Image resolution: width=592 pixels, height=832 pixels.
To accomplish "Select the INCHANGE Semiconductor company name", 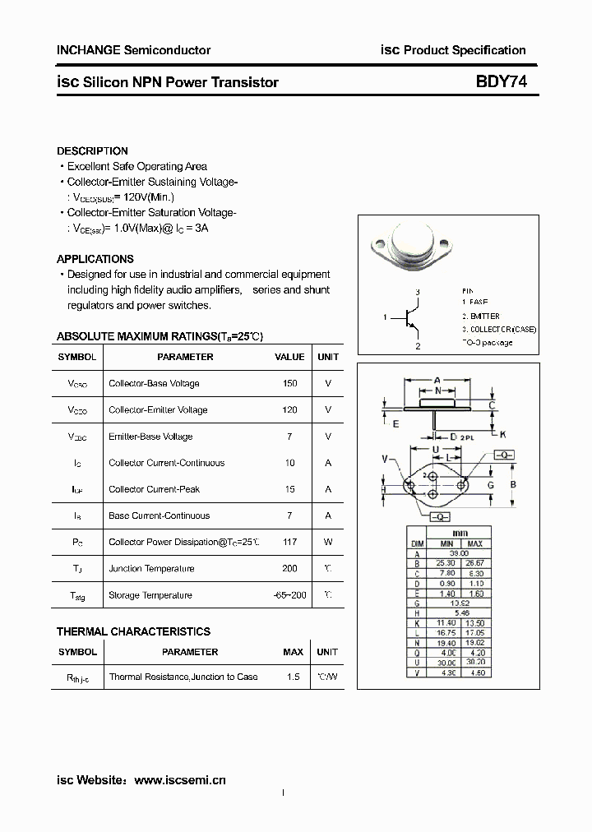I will coord(133,50).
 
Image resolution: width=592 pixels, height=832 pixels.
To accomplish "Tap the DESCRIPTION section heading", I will coord(92,151).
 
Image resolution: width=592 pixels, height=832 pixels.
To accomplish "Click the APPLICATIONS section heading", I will coord(95,259).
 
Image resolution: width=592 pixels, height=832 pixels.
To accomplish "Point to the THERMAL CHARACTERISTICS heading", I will coord(133,631).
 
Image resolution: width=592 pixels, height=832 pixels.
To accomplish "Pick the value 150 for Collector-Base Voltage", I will coord(289,384).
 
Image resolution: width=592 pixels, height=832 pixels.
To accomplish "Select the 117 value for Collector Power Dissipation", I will coord(289,543).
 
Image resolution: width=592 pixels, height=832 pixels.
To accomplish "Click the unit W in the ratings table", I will coord(328,543).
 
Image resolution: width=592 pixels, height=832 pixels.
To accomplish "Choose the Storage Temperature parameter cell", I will coord(150,595).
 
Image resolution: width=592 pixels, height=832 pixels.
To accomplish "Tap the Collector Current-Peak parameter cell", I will coord(155,490).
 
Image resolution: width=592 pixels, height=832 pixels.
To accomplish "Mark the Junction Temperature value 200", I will coord(289,569).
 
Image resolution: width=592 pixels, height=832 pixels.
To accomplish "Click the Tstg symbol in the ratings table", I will coord(77,596).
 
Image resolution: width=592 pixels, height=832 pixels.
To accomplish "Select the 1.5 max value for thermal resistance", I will coord(293,677).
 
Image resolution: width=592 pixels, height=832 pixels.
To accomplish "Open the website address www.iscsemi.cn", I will coord(179,779).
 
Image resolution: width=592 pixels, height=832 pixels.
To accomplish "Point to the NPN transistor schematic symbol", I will coord(410,318).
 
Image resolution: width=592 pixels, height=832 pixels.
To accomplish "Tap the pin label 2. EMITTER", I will coord(480,317).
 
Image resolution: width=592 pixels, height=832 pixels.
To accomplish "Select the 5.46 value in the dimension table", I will coord(460,613).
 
